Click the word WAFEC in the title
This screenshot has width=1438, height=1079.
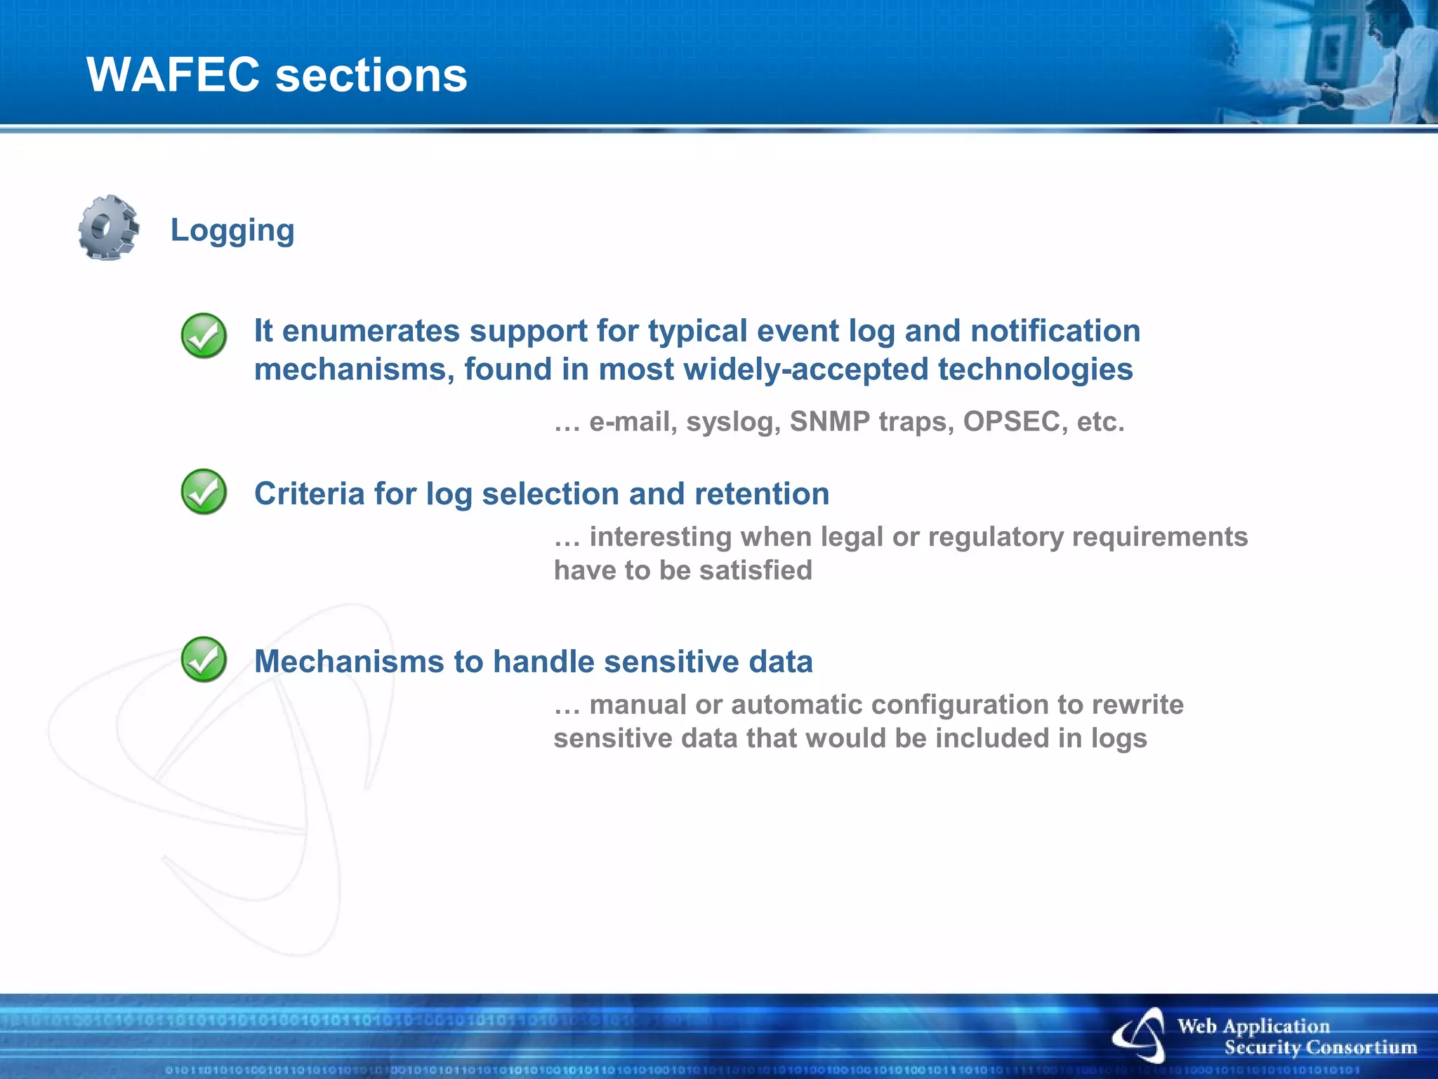173,74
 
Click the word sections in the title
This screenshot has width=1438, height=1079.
371,76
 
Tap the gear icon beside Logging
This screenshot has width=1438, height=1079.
108,228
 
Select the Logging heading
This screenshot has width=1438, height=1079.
232,230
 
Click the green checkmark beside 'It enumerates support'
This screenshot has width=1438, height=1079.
204,335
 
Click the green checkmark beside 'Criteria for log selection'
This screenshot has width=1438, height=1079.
204,491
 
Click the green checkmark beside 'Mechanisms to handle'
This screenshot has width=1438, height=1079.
204,659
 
